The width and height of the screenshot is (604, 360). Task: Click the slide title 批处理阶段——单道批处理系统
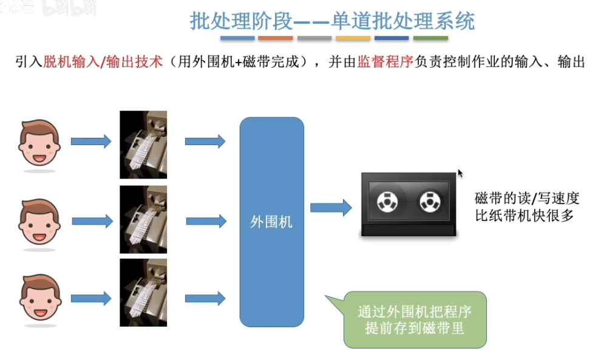point(332,21)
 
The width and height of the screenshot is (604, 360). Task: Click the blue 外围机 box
point(271,222)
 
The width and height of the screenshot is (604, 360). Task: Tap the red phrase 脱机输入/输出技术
point(103,62)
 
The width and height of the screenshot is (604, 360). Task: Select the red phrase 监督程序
point(385,62)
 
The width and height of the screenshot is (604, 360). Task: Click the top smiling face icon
point(39,143)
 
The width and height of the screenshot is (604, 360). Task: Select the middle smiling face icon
point(39,222)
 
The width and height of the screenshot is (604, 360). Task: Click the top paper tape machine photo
point(143,144)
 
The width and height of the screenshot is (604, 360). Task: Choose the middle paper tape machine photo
point(143,219)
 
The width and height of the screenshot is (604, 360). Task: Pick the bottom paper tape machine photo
point(143,293)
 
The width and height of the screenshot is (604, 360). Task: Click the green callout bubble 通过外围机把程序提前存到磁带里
point(415,320)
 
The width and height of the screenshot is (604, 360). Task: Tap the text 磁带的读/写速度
point(527,198)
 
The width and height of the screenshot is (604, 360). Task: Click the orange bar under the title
point(275,38)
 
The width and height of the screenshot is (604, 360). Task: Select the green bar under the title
point(430,38)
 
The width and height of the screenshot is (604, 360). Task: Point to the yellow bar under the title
point(353,38)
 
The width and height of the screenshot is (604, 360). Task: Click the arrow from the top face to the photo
point(91,141)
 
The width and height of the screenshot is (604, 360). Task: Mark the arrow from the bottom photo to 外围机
point(205,298)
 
